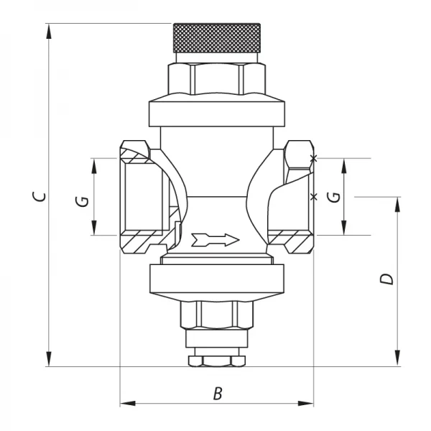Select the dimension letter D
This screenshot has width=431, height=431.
click(x=387, y=279)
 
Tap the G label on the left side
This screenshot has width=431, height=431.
click(x=83, y=201)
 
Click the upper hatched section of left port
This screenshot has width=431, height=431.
click(x=135, y=152)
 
